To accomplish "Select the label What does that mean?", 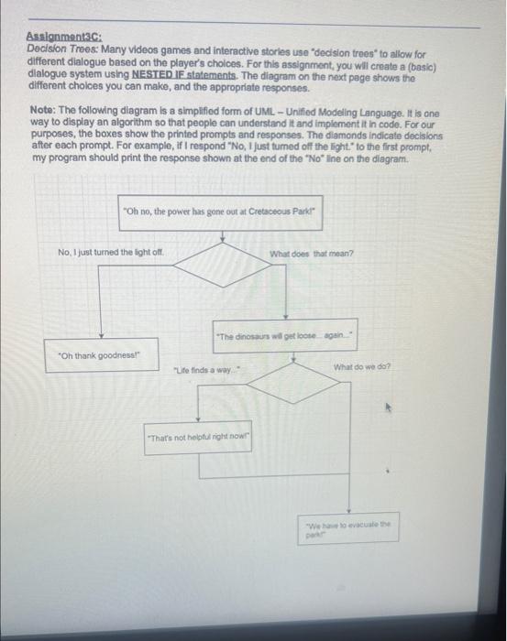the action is tap(313, 254).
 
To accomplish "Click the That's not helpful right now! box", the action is tap(199, 436).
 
